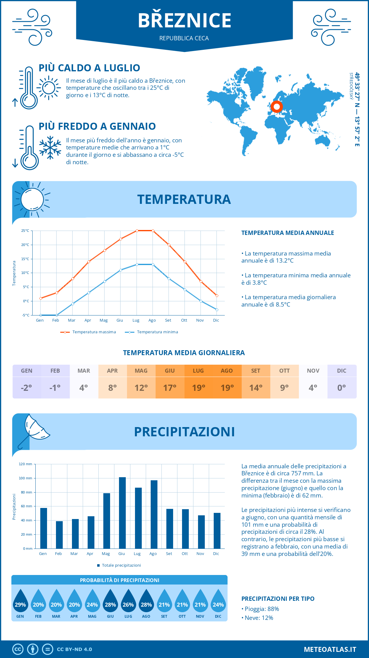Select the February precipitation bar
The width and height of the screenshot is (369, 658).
pyautogui.click(x=59, y=535)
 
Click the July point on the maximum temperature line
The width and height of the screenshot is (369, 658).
pyautogui.click(x=137, y=231)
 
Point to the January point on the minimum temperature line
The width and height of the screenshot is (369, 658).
pyautogui.click(x=41, y=315)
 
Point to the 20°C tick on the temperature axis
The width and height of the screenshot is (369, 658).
pyautogui.click(x=25, y=245)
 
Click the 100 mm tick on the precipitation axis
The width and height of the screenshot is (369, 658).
pyautogui.click(x=26, y=478)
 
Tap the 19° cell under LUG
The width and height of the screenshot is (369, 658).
pyautogui.click(x=199, y=388)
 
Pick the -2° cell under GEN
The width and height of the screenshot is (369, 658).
pyautogui.click(x=26, y=388)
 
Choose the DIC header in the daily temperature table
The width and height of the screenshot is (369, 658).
pyautogui.click(x=342, y=371)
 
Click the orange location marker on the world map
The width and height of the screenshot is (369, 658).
pyautogui.click(x=276, y=107)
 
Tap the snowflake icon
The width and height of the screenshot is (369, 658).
pyautogui.click(x=50, y=148)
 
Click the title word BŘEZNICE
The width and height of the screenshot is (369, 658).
pyautogui.click(x=184, y=21)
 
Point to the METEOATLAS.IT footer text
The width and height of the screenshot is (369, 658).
pyautogui.click(x=330, y=649)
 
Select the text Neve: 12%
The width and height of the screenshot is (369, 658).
pyautogui.click(x=258, y=618)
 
